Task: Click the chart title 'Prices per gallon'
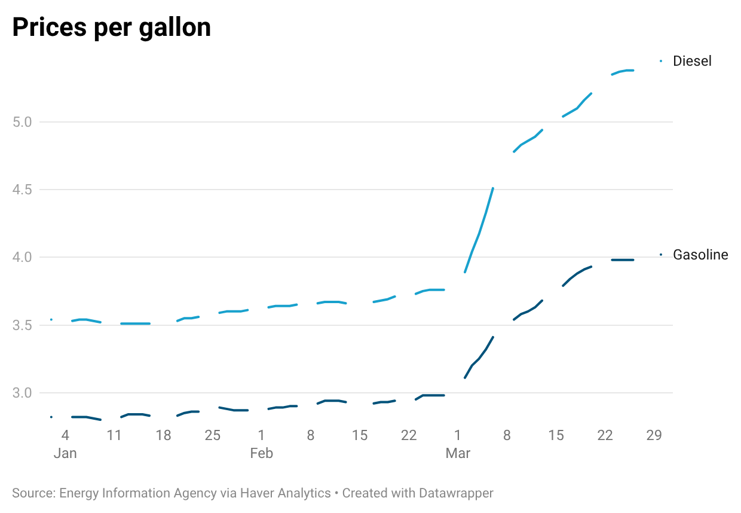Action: [112, 27]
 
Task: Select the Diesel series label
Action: [692, 61]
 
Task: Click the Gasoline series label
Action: [700, 255]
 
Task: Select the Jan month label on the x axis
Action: [65, 453]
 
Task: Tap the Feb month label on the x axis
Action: [261, 453]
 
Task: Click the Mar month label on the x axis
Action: [458, 453]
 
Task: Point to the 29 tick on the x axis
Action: [654, 435]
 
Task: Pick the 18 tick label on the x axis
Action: [163, 435]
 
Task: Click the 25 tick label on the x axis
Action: [212, 435]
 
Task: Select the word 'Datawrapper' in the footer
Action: [456, 493]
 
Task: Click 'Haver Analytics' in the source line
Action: [285, 493]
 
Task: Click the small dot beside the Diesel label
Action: [661, 60]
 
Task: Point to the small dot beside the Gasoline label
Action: [661, 255]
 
